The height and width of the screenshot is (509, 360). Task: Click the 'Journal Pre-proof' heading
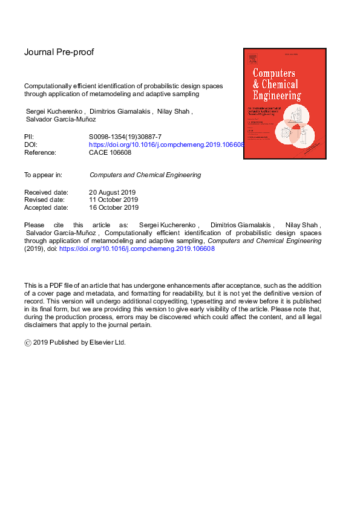(59, 52)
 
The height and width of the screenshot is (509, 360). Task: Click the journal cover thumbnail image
(284, 103)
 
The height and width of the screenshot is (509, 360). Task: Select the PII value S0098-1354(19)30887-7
(125, 138)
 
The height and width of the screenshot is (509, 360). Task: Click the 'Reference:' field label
(40, 152)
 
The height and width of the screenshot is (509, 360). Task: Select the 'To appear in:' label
(43, 175)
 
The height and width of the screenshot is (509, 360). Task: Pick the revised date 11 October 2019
(113, 199)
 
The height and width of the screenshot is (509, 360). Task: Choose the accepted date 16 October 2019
(114, 207)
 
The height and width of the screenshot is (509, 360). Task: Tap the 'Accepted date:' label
(46, 207)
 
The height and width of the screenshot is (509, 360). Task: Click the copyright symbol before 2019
(28, 342)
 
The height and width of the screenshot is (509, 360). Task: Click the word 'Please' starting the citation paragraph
(34, 224)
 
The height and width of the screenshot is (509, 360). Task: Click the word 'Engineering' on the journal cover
(276, 96)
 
